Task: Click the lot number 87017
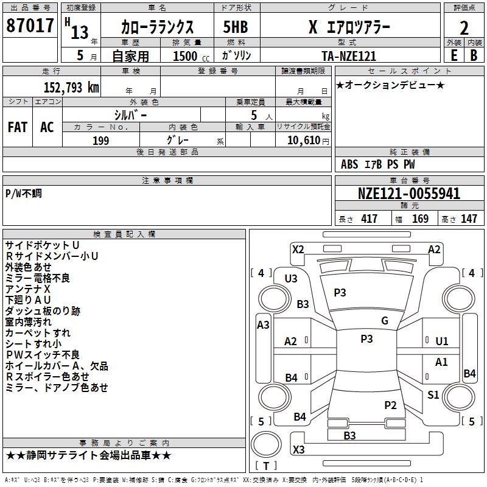29,27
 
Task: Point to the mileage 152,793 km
72,87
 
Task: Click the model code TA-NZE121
349,56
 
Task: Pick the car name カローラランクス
157,27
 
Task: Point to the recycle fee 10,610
303,141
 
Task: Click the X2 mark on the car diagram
298,249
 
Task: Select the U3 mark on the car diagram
291,279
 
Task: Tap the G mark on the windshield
384,321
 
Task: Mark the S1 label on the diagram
433,395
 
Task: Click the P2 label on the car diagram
390,405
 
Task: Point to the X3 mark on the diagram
298,450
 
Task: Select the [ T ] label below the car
265,466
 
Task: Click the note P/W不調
24,194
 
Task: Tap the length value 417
369,219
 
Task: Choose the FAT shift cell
18,127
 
